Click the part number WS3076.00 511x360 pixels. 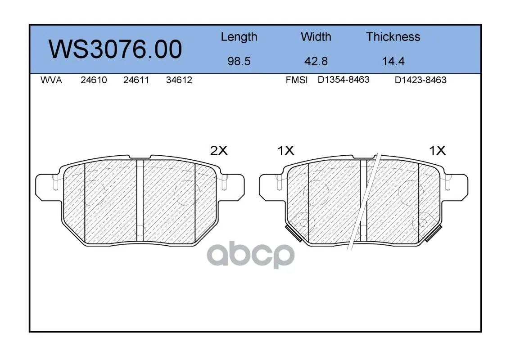(115, 49)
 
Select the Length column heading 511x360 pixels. (239, 37)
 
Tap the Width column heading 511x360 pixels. (316, 36)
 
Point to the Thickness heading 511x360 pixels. (393, 36)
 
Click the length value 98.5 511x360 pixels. (239, 61)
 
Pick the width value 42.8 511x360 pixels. (316, 61)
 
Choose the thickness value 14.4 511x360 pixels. (393, 61)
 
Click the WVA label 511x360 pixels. (51, 80)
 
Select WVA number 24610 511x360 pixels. (94, 80)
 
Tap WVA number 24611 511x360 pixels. (136, 80)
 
